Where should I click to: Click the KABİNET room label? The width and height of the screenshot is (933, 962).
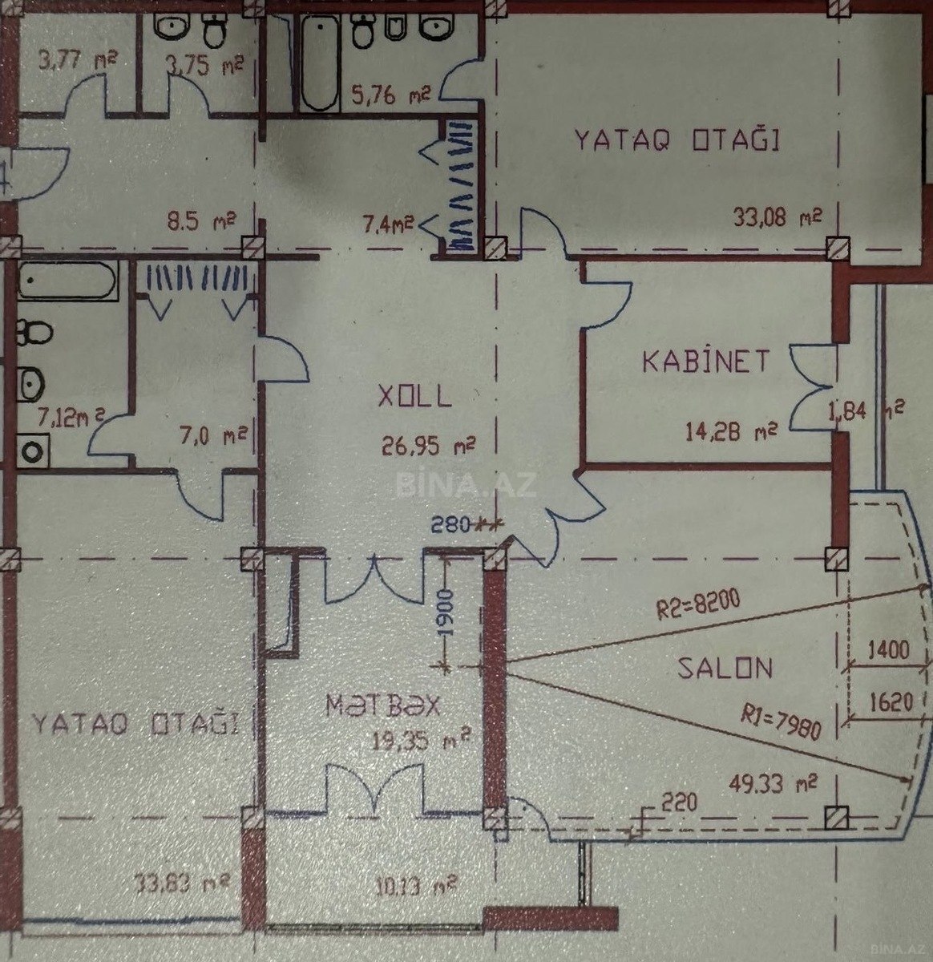(x=705, y=360)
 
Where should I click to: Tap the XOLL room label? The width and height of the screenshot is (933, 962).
(x=414, y=396)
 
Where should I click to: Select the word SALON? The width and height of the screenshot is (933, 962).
(x=725, y=668)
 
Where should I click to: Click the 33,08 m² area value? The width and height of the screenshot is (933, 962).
(x=778, y=216)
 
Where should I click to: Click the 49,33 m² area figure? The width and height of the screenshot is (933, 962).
(x=777, y=781)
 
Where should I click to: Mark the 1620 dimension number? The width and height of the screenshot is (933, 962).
(x=890, y=703)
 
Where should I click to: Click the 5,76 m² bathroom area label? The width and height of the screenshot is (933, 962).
(x=391, y=97)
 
